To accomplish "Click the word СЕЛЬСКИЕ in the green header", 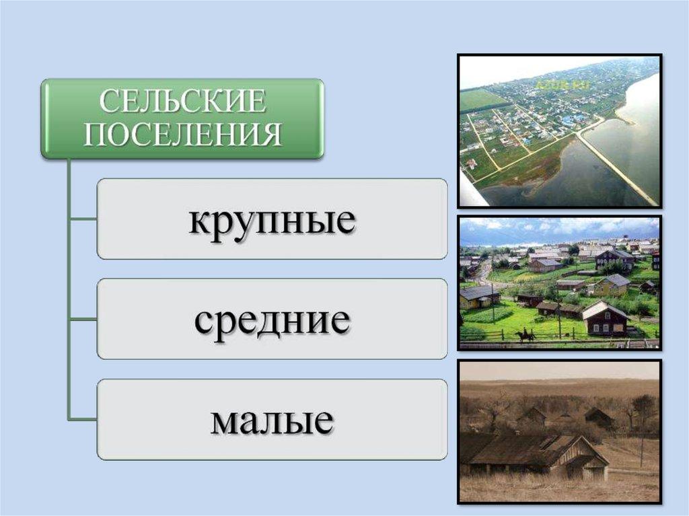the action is coord(182,101).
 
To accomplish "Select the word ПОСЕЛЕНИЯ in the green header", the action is coord(182,134).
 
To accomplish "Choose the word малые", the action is coord(272,421).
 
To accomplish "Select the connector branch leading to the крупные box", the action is coord(83,219).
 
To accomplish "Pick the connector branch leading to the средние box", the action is coord(83,319).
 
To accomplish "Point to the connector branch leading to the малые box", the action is coord(83,419).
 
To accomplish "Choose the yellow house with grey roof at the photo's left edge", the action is coord(478,297).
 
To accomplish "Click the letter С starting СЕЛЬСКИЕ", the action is coord(108,102).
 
